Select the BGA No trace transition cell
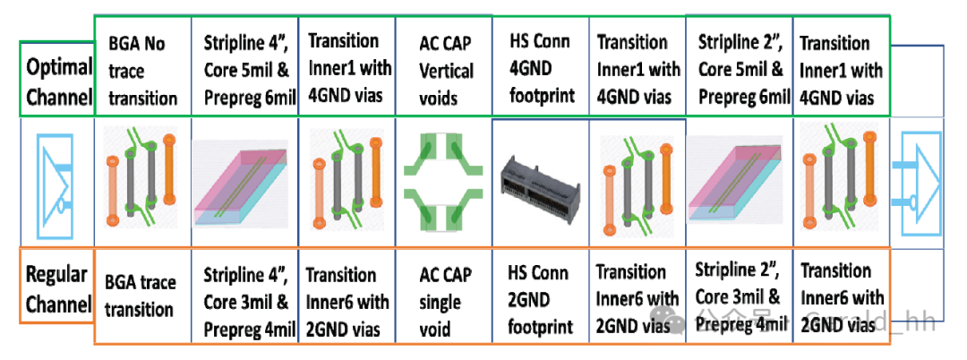[x=142, y=70]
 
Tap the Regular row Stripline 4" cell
[x=243, y=300]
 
